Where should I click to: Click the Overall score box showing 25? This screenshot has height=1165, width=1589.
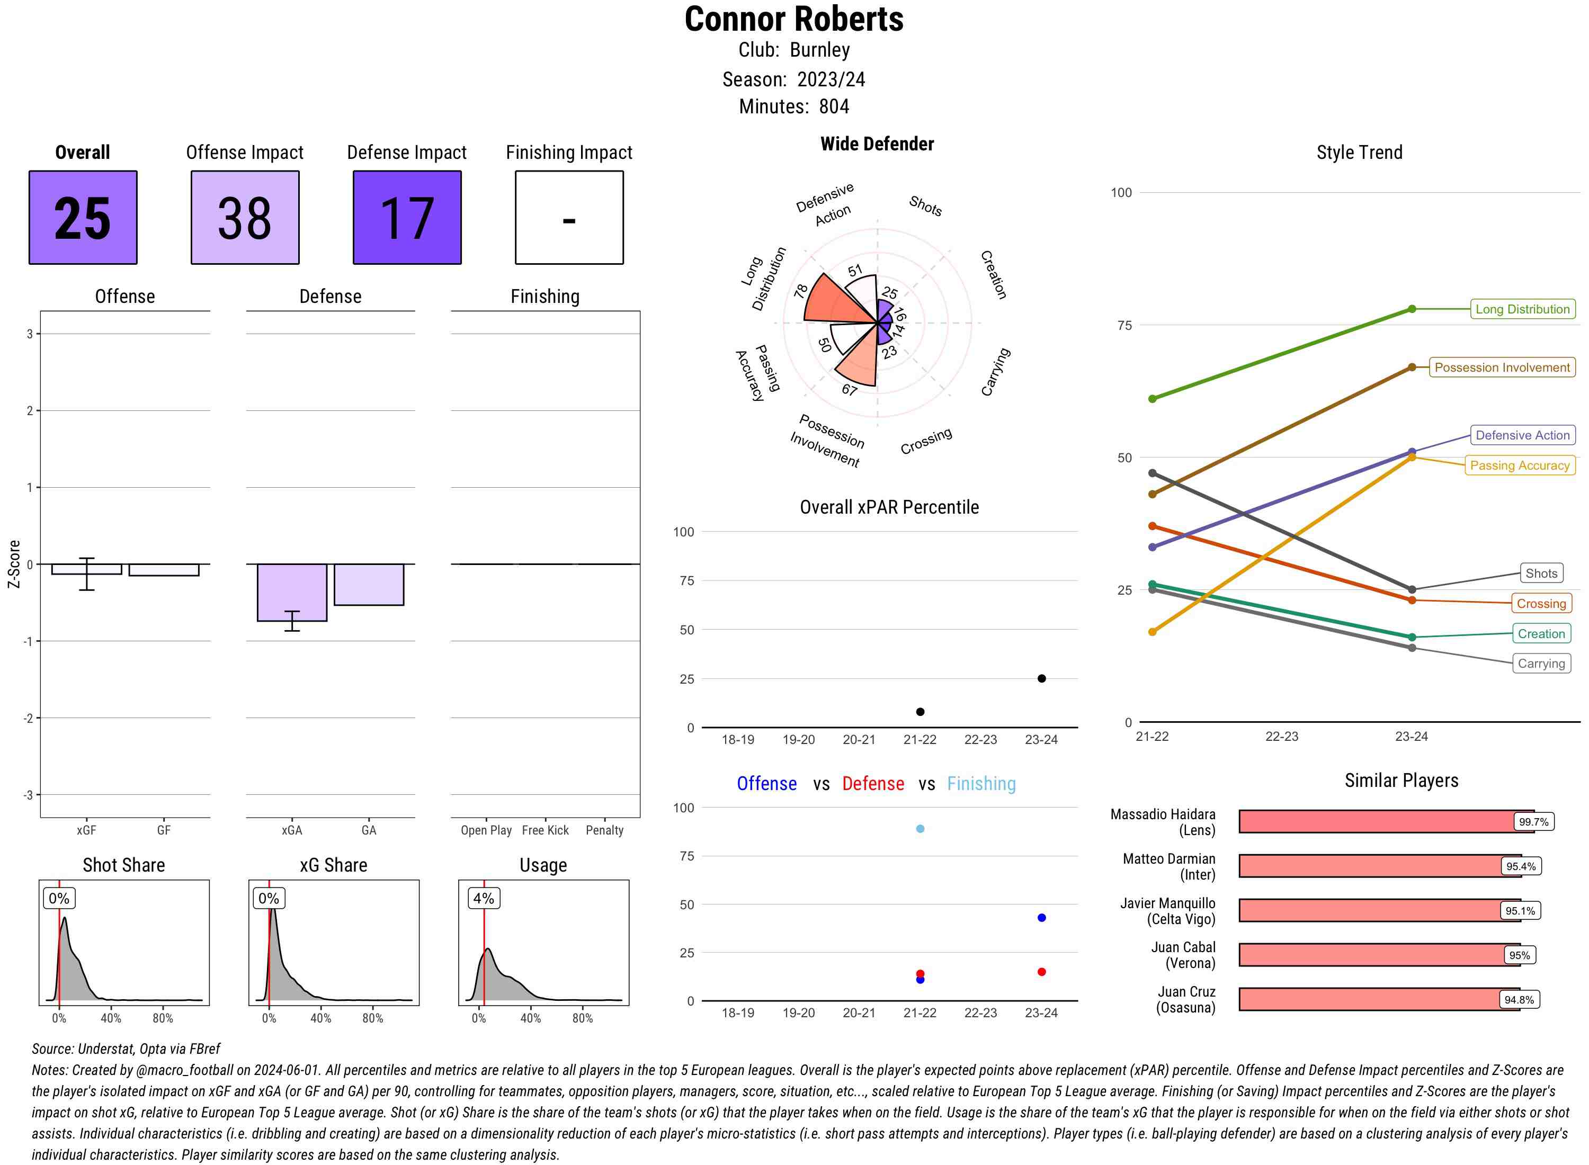click(x=83, y=217)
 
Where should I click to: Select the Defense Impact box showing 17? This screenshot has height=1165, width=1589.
click(x=407, y=217)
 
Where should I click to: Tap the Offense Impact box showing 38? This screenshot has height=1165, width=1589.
click(x=245, y=217)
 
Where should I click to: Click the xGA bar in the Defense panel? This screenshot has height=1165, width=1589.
click(x=292, y=593)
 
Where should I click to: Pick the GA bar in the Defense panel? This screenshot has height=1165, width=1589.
click(x=369, y=585)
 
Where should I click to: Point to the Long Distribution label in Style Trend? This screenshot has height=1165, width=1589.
click(x=1522, y=309)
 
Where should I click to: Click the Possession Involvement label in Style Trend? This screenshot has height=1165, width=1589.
click(x=1502, y=368)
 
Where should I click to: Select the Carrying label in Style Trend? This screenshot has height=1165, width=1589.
click(x=1541, y=664)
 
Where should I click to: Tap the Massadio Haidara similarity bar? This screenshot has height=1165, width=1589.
click(x=1376, y=821)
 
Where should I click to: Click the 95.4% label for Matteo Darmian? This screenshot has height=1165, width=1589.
click(x=1521, y=867)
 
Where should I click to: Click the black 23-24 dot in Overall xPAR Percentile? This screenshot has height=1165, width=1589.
click(x=1042, y=678)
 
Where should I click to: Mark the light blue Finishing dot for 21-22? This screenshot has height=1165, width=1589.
click(x=921, y=829)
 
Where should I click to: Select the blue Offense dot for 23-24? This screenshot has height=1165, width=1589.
click(x=1042, y=918)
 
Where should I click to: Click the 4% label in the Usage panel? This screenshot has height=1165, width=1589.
click(x=484, y=899)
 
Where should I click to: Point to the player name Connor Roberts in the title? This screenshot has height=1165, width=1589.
click(x=794, y=20)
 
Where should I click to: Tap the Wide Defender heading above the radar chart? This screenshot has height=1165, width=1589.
click(x=877, y=144)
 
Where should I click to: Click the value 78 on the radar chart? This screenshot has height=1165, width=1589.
click(x=800, y=291)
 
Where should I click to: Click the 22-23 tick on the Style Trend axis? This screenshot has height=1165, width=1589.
click(x=1281, y=736)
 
